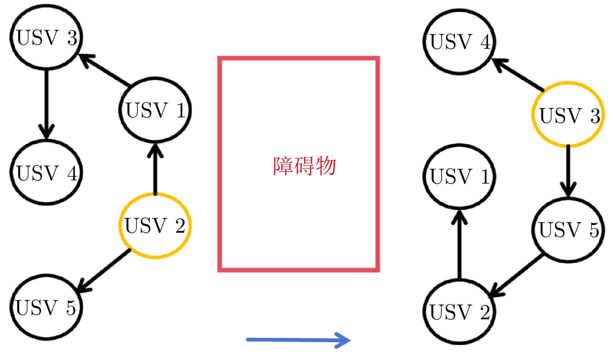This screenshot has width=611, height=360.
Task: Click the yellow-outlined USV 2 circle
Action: [155, 226]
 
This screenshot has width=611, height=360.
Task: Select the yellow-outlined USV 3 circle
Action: [568, 114]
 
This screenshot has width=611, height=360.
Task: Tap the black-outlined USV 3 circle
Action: [46, 37]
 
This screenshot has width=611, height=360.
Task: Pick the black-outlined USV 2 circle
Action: [459, 312]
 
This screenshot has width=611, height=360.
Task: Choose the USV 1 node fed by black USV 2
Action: [459, 176]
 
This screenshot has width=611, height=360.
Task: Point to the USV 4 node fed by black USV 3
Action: [46, 173]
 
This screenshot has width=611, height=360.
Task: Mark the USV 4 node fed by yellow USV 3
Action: [459, 42]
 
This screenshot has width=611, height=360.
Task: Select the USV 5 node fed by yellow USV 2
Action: [46, 307]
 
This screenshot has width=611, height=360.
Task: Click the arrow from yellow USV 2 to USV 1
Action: [155, 170]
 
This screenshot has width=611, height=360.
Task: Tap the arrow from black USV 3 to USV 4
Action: [46, 103]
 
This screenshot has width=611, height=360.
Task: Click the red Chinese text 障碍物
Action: [305, 166]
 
